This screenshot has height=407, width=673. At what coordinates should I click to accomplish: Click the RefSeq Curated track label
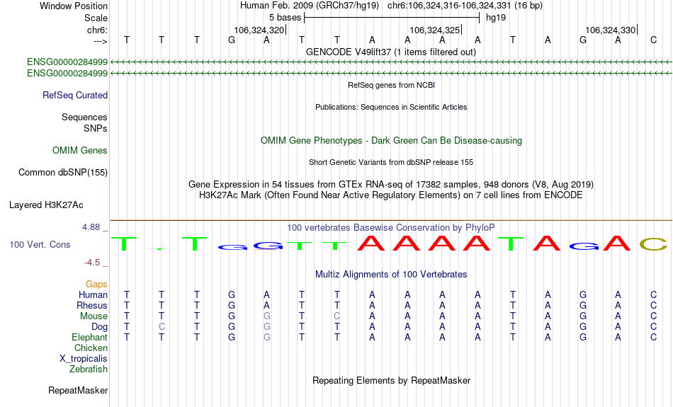pyautogui.click(x=75, y=96)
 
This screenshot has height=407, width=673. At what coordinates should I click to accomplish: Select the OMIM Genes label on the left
pyautogui.click(x=80, y=151)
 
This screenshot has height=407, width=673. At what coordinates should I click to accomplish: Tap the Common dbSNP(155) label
pyautogui.click(x=63, y=173)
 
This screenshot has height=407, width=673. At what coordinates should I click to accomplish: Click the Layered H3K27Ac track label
pyautogui.click(x=46, y=205)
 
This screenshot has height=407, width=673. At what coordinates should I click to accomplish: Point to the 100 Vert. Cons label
pyautogui.click(x=40, y=244)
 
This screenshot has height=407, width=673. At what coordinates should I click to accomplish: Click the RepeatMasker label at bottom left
pyautogui.click(x=78, y=390)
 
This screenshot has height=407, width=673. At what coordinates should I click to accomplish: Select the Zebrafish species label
pyautogui.click(x=89, y=369)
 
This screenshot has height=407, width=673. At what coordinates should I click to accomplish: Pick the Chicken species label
pyautogui.click(x=91, y=348)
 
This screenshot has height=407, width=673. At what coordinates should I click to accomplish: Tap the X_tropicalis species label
pyautogui.click(x=84, y=359)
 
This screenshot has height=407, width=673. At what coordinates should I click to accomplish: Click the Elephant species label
pyautogui.click(x=90, y=338)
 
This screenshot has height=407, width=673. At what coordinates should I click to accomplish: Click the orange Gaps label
pyautogui.click(x=96, y=285)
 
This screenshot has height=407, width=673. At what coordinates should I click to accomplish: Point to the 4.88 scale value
pyautogui.click(x=91, y=227)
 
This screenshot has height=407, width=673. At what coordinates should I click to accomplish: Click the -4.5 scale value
pyautogui.click(x=92, y=263)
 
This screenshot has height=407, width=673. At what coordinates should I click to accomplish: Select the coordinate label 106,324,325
pyautogui.click(x=435, y=30)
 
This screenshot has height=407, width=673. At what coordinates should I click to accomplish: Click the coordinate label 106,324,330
pyautogui.click(x=611, y=30)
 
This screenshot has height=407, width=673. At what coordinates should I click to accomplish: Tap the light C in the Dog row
pyautogui.click(x=162, y=327)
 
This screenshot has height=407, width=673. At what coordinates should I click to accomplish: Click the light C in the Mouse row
pyautogui.click(x=337, y=316)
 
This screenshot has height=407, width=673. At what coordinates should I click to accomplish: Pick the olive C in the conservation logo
pyautogui.click(x=653, y=244)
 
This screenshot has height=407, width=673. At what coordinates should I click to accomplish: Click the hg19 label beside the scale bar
pyautogui.click(x=496, y=18)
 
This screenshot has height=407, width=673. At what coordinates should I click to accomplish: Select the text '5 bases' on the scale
pyautogui.click(x=285, y=18)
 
